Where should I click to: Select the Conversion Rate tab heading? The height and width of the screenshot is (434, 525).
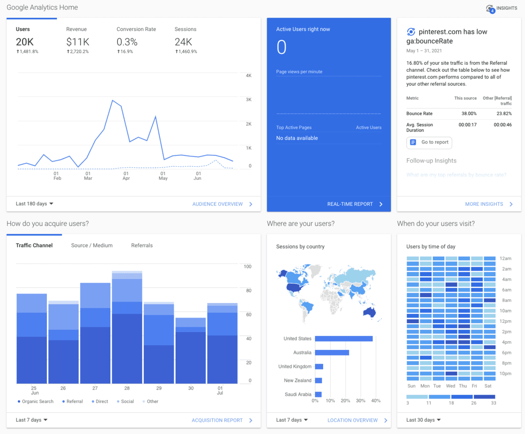tap(136, 29)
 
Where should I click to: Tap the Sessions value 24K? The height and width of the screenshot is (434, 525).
tap(183, 42)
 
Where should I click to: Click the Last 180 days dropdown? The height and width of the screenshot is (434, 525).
tap(35, 204)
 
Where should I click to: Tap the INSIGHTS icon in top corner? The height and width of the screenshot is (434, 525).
tap(491, 8)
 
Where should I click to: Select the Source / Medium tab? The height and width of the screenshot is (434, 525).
tap(92, 246)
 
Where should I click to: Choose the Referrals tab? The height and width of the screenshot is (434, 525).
tap(142, 246)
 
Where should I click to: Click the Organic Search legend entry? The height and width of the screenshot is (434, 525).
tap(36, 402)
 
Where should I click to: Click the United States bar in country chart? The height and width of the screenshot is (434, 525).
tap(343, 339)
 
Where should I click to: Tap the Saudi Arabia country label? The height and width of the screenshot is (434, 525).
tap(298, 395)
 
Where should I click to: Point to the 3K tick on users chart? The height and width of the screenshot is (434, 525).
tap(248, 100)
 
